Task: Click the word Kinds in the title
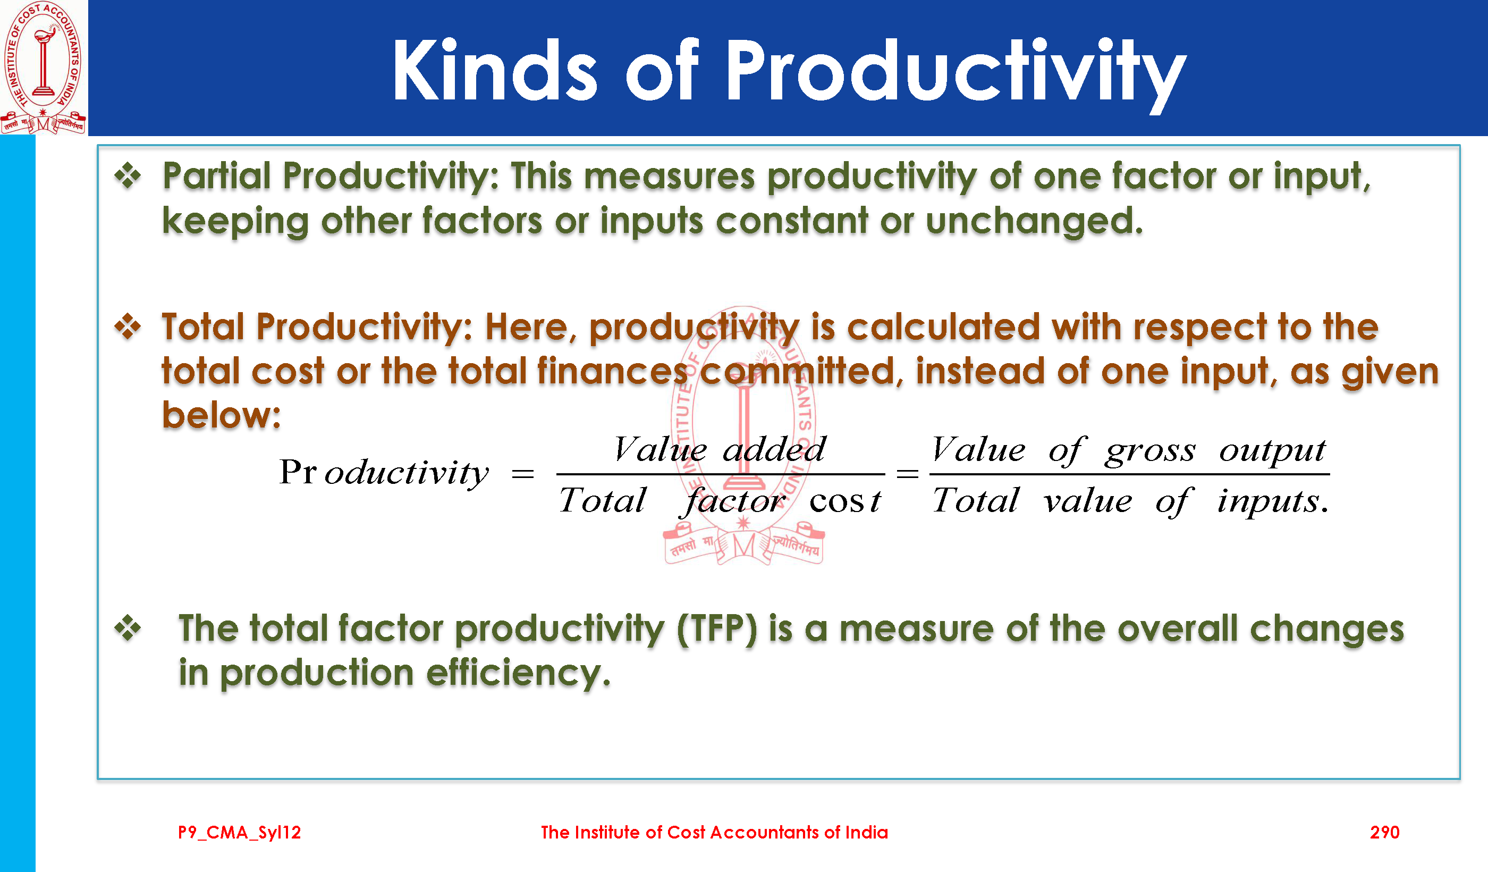(x=495, y=70)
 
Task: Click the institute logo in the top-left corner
(x=43, y=68)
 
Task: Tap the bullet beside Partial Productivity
(x=128, y=175)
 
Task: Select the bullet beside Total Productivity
(x=128, y=326)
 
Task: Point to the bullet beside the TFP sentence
(x=128, y=627)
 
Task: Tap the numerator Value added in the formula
(x=719, y=450)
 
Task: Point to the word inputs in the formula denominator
(x=1272, y=502)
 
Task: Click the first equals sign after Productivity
(x=523, y=474)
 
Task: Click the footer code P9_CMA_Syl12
(x=239, y=833)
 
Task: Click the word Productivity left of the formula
(x=384, y=473)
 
